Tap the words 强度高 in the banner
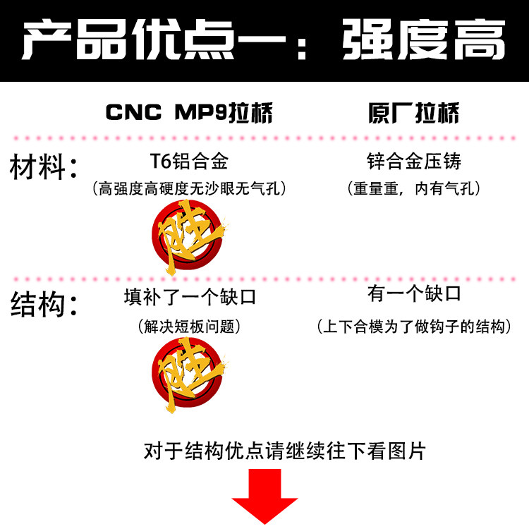click(x=424, y=40)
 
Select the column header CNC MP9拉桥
click(x=189, y=114)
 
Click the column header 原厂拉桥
click(x=413, y=114)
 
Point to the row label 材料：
click(x=43, y=169)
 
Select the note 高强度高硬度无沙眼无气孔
click(x=190, y=188)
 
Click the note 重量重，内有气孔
click(x=414, y=188)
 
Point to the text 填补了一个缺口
click(x=190, y=297)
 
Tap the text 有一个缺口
click(x=414, y=293)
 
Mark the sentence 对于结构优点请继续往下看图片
click(x=285, y=450)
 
